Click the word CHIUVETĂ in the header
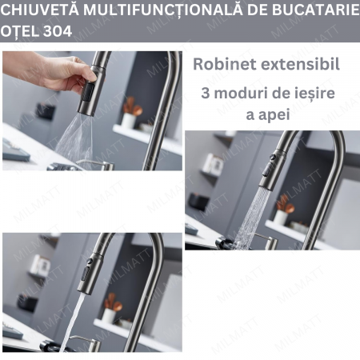[39, 10]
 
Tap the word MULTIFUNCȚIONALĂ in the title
[163, 10]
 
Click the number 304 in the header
[58, 31]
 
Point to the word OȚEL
[20, 31]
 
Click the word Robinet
[224, 64]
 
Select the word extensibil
[300, 64]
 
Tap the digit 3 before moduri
[206, 93]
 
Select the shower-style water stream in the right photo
[252, 218]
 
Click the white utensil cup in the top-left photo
[129, 120]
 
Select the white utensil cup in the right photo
[282, 218]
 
